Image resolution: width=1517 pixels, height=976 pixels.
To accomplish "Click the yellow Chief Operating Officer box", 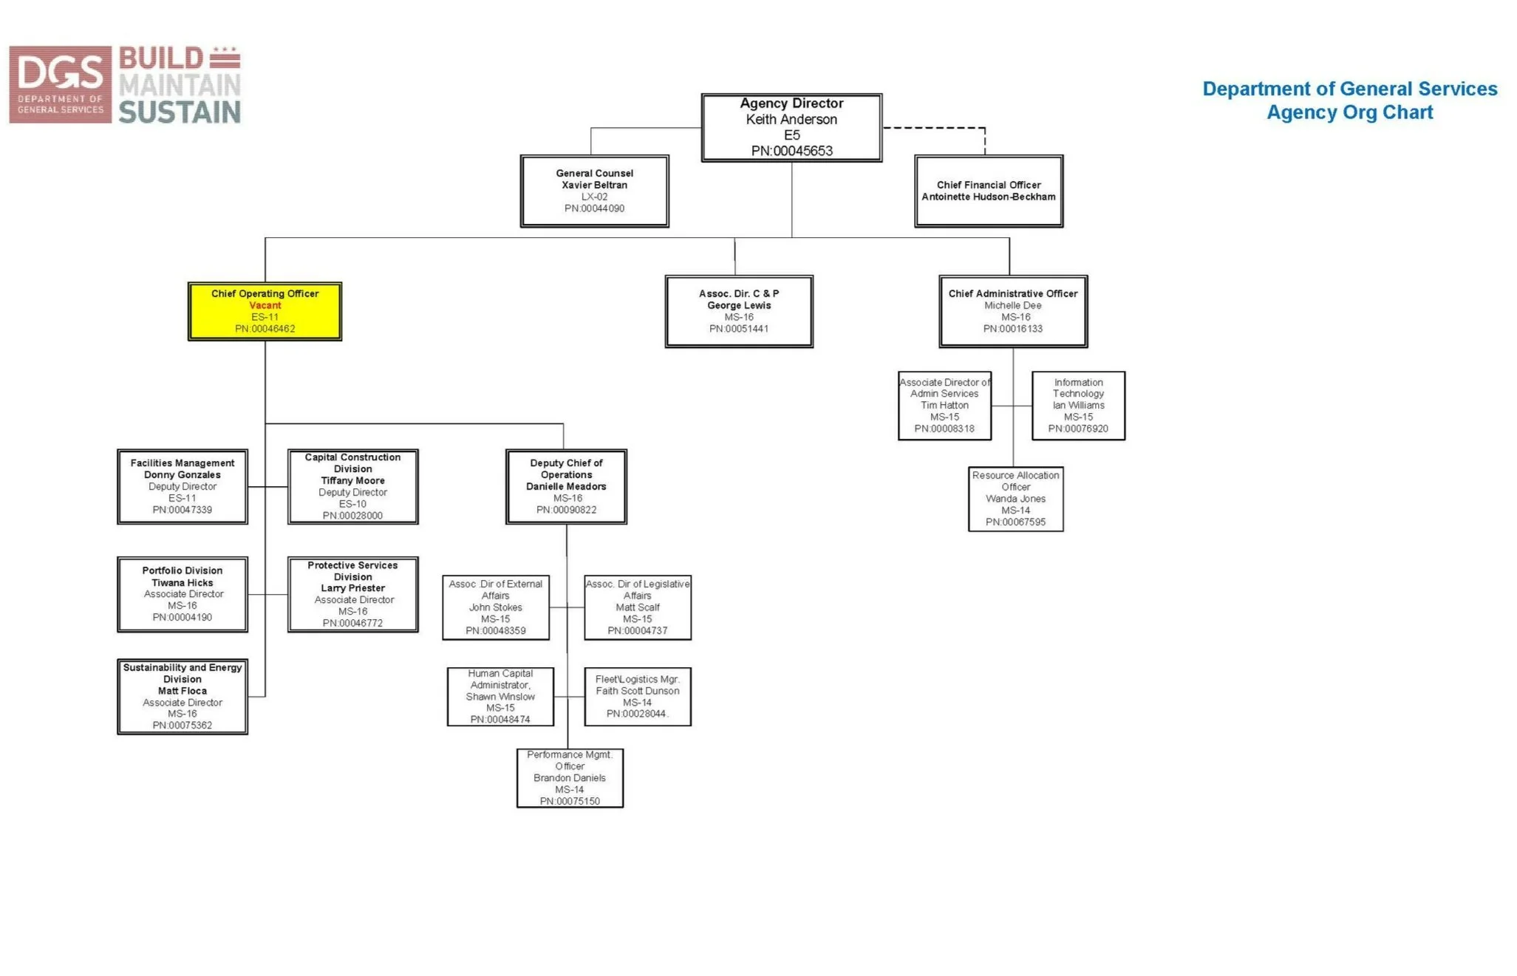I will click(x=265, y=311).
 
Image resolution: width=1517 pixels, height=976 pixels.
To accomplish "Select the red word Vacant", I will click(x=265, y=305).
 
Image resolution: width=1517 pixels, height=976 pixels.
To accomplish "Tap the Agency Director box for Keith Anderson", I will click(x=791, y=127).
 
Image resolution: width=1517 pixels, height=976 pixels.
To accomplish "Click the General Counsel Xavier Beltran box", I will click(x=594, y=191).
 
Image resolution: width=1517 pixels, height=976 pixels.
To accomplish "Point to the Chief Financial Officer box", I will click(x=988, y=191).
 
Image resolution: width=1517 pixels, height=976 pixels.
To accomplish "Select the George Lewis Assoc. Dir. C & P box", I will click(x=739, y=311).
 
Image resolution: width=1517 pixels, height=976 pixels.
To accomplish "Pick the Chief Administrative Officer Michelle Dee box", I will click(x=1012, y=311).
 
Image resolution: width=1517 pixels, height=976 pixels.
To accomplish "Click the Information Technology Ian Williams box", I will click(x=1078, y=406).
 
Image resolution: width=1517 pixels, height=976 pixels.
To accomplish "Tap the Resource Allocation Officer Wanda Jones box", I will click(x=1015, y=499).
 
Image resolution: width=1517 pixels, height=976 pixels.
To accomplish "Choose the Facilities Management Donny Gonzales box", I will click(x=183, y=486).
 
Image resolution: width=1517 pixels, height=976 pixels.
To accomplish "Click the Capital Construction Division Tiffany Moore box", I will click(x=352, y=486).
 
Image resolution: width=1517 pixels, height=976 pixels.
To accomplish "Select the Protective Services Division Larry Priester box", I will click(x=352, y=594).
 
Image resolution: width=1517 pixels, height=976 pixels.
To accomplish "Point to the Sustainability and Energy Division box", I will click(x=183, y=696).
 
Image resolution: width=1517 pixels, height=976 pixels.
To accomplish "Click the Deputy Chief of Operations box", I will click(x=566, y=486).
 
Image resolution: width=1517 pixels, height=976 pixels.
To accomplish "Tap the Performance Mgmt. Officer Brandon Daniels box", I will click(x=570, y=778).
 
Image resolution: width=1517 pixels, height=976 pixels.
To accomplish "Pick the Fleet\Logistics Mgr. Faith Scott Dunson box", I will click(x=638, y=697).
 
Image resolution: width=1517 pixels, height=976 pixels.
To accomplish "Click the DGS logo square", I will click(x=61, y=84).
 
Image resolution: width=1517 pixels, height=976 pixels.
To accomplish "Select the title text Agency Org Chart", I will click(x=1349, y=112).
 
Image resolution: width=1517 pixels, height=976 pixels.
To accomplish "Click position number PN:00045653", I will click(x=791, y=151).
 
